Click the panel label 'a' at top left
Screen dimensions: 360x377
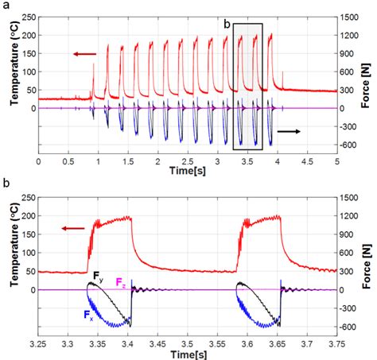[x=6, y=6]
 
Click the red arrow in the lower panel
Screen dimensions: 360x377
[x=74, y=227]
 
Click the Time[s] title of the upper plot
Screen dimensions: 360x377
[x=188, y=170]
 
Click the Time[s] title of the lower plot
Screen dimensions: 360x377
[x=188, y=352]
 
